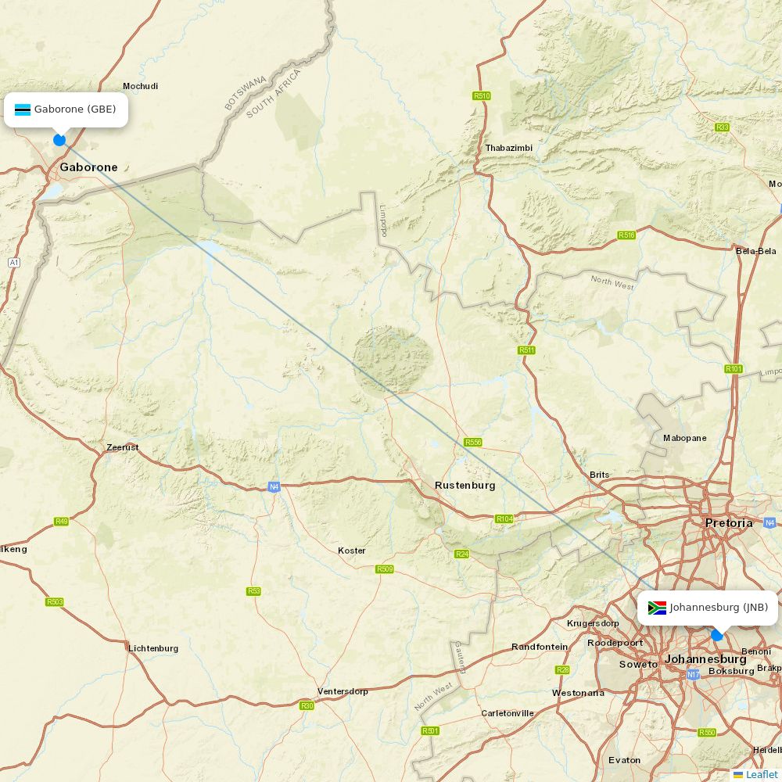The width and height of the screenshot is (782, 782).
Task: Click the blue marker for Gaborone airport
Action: pos(59,140)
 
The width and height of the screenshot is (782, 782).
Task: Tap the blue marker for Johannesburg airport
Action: pos(717,635)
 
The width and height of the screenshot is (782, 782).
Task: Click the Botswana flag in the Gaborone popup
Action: pos(22,109)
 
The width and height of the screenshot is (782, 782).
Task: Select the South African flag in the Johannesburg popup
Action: pos(657,608)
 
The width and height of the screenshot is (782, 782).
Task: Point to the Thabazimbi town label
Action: pos(508,148)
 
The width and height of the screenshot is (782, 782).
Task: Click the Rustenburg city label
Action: pos(465,486)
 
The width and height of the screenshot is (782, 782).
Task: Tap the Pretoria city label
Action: pos(728,523)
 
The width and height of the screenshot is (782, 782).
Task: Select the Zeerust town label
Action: pos(123,447)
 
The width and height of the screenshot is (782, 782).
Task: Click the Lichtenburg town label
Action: pos(153,648)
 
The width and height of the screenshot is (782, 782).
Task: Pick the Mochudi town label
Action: pos(140,86)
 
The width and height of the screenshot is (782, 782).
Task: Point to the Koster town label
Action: pos(351,551)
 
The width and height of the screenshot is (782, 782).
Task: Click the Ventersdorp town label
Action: pos(343,691)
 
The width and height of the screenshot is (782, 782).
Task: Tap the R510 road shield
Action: pos(482,96)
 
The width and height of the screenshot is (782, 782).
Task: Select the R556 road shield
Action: pos(473,443)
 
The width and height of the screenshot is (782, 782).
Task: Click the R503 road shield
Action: pos(54,601)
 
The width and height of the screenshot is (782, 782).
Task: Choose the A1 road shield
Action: pos(13,263)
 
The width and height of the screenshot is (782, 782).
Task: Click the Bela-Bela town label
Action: pos(755,251)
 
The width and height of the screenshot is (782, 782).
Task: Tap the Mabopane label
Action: pos(684,438)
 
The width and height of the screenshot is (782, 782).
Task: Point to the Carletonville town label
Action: pos(508,713)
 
